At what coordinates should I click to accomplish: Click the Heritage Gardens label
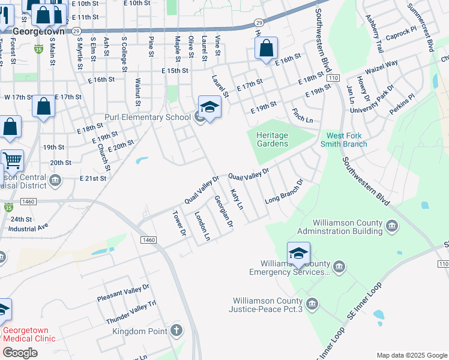pos(272,139)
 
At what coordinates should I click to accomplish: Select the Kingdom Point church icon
pos(176,331)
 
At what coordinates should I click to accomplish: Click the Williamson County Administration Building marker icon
pos(392,226)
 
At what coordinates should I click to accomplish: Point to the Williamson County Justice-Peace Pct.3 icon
pos(312,304)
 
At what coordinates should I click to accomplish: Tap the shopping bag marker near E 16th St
pos(266,49)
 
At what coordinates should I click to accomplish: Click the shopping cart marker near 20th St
pos(12,160)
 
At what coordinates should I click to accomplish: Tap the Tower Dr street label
pos(180,223)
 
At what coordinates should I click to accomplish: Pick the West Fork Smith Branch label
pos(346,140)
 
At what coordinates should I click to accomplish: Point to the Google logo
pos(20,353)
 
